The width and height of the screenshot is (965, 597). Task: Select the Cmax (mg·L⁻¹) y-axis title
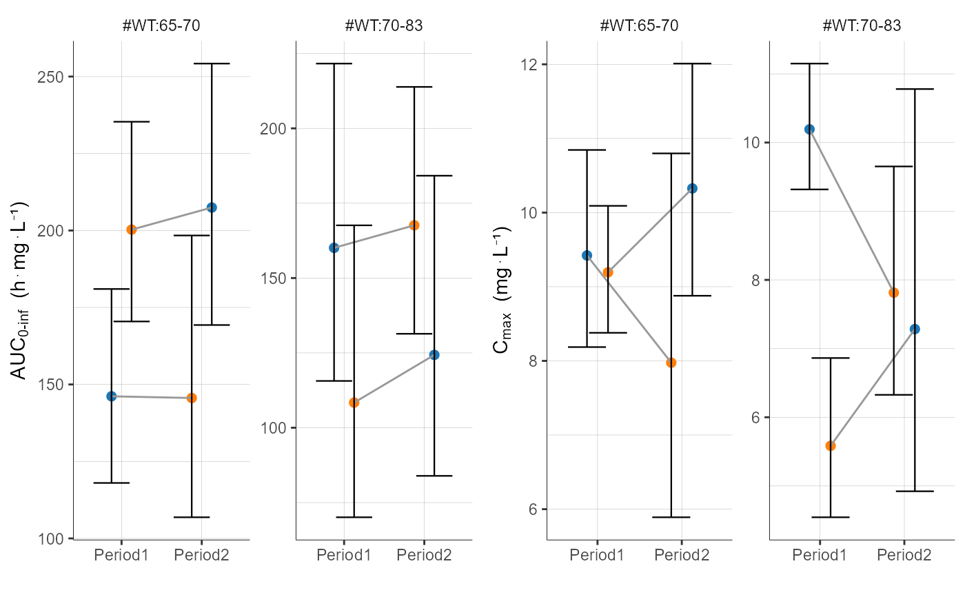click(x=501, y=290)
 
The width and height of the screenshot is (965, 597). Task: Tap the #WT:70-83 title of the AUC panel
click(x=384, y=26)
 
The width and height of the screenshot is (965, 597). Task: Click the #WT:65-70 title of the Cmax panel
click(x=639, y=26)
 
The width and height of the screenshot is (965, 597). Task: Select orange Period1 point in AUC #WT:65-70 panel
click(x=131, y=230)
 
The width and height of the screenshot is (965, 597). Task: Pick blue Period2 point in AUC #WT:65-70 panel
click(x=212, y=208)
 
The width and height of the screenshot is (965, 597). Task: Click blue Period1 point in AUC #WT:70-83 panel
click(x=334, y=248)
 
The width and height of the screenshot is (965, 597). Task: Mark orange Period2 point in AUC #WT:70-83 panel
click(x=414, y=225)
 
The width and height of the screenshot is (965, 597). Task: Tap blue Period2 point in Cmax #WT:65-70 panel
click(x=692, y=188)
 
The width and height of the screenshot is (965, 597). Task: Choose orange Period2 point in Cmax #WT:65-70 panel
click(x=671, y=363)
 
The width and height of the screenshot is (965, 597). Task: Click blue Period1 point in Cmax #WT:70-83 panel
click(x=809, y=129)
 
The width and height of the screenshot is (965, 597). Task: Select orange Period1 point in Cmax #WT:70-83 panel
click(x=830, y=446)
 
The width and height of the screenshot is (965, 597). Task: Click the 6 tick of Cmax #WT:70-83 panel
click(x=751, y=418)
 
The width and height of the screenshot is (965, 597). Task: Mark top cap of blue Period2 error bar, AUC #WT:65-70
click(x=212, y=63)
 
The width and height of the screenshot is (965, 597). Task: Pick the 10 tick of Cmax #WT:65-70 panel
click(x=529, y=213)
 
